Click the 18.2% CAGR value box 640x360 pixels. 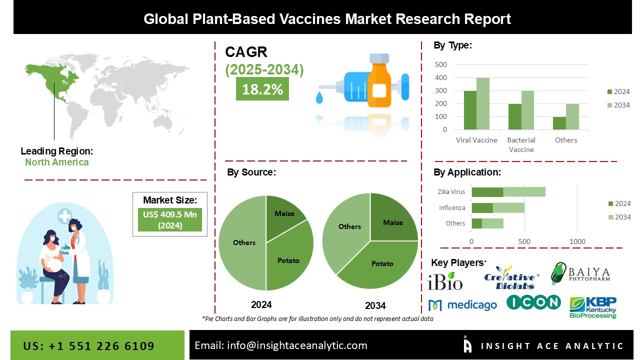click(x=262, y=88)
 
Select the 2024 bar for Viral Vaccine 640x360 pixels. click(x=470, y=110)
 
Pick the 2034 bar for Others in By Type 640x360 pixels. click(x=572, y=116)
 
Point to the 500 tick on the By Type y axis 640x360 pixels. click(x=441, y=64)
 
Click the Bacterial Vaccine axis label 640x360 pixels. click(x=521, y=145)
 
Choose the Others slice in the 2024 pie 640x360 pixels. click(x=243, y=243)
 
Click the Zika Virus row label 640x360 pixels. click(x=451, y=191)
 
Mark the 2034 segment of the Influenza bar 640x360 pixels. click(x=508, y=207)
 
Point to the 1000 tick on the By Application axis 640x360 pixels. click(x=577, y=241)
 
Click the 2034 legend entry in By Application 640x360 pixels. click(x=619, y=217)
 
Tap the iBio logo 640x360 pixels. click(x=445, y=281)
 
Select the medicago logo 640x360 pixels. click(x=462, y=305)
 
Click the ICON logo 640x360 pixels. click(x=533, y=302)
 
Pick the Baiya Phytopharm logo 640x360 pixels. click(x=580, y=273)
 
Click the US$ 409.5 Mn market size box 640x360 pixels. click(x=170, y=219)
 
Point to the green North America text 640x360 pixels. click(x=57, y=162)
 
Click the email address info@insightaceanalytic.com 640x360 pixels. click(x=297, y=345)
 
